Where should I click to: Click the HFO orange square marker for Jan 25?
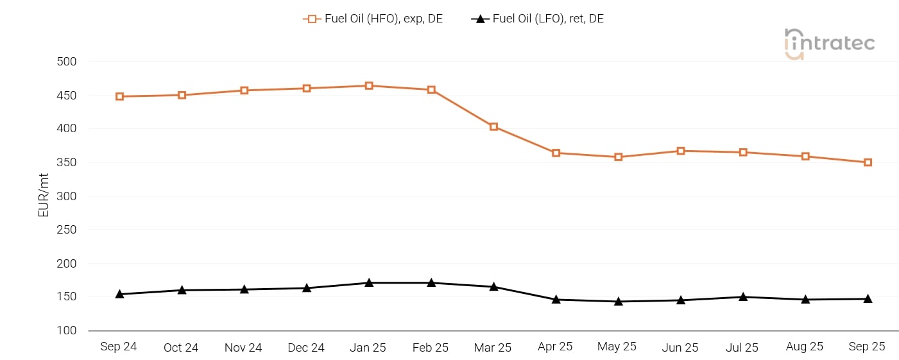[369, 86]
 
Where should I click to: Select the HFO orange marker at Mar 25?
[493, 126]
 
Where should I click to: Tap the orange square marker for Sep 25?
[868, 162]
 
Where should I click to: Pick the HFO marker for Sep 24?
[119, 96]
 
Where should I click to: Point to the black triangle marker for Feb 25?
[431, 282]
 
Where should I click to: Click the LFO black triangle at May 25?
[618, 301]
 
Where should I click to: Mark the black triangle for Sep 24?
[119, 294]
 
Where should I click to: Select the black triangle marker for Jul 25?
[743, 296]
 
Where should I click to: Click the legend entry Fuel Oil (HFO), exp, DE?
[373, 19]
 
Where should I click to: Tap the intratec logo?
[829, 44]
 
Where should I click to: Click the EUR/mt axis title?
[44, 196]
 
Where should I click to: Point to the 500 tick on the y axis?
[67, 62]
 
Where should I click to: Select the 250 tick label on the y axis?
[67, 230]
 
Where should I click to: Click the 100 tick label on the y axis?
[67, 330]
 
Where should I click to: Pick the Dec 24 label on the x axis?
[306, 347]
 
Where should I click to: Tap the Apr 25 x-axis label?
[555, 347]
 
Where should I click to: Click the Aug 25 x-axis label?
[805, 347]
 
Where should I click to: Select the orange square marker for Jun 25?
[680, 151]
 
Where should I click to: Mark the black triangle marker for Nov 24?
[244, 289]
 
